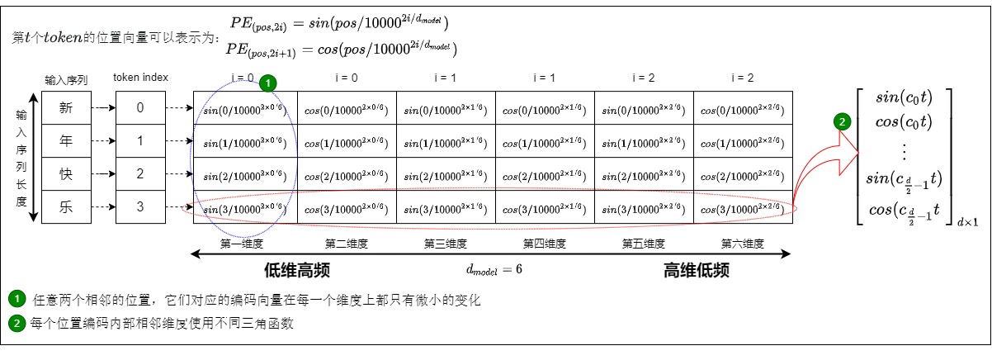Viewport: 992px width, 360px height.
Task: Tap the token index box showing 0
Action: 140,107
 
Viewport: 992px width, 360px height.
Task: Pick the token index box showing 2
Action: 140,173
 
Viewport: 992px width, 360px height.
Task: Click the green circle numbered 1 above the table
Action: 267,83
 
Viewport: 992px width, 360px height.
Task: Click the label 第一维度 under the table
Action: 243,244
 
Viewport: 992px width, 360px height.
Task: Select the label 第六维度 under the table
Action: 744,244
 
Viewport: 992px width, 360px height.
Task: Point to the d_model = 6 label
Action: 494,269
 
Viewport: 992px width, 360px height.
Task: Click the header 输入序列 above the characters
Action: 65,79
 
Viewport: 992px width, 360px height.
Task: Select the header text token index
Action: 141,78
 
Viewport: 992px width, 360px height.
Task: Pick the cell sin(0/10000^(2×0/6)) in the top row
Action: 245,108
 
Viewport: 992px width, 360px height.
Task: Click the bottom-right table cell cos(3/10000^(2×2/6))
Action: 743,207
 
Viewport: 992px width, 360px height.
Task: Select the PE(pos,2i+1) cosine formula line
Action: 342,49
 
